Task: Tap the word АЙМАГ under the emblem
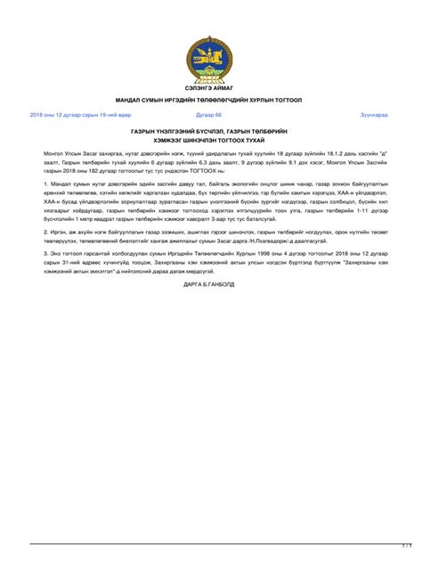(225, 90)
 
